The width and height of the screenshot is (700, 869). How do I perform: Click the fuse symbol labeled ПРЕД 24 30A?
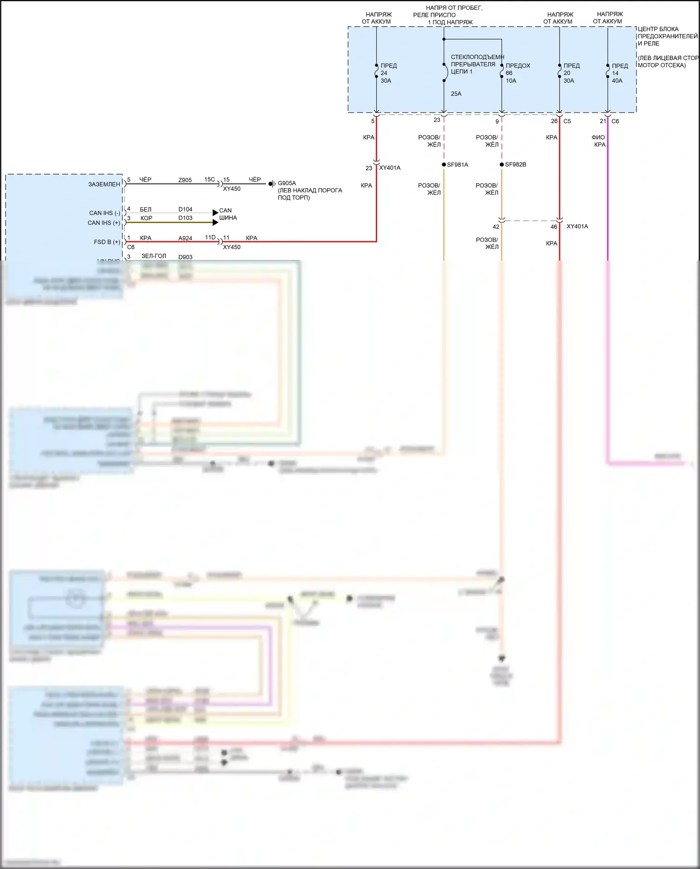pos(376,71)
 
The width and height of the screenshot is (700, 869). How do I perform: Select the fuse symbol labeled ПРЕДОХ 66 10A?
pos(501,71)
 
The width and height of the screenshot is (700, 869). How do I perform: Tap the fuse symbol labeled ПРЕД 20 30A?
pos(559,71)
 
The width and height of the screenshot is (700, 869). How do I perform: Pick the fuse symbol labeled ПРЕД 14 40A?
pos(608,71)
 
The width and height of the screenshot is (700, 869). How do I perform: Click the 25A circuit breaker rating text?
pos(456,94)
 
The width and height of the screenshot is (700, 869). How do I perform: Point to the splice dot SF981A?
pos(444,165)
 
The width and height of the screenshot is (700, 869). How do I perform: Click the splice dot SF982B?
pos(502,165)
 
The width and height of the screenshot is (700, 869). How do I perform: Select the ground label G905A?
pos(287,183)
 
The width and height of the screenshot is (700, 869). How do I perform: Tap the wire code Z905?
pos(185,180)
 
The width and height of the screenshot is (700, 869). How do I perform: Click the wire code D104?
pos(185,209)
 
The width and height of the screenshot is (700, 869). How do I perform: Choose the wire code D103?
pos(185,218)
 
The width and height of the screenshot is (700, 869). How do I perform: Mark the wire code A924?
pos(185,238)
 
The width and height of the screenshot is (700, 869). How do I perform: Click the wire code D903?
pos(185,257)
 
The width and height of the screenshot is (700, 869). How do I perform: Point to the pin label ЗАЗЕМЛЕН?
pos(104,184)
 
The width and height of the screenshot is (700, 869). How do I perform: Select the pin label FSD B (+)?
pos(107,242)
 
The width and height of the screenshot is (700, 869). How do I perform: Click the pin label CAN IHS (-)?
pos(105,213)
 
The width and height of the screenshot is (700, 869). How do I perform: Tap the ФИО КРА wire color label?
pos(599,141)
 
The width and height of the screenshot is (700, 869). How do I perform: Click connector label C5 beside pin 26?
pos(567,121)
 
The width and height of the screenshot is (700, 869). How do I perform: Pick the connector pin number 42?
pos(496,227)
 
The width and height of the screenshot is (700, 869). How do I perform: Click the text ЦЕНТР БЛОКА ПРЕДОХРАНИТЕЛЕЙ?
pos(667,32)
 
